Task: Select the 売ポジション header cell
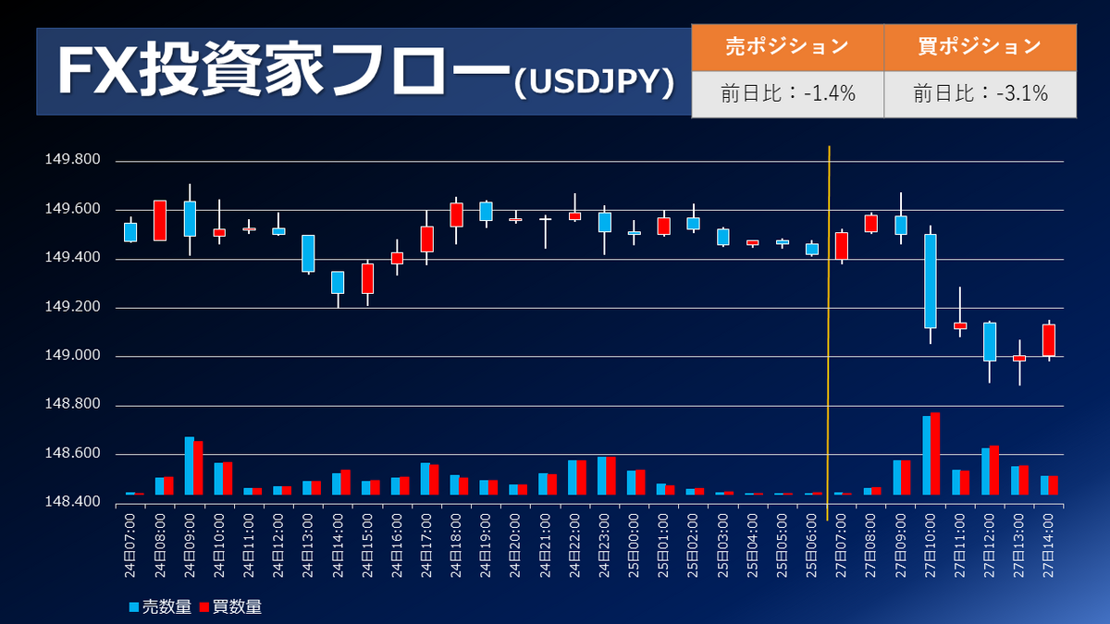(x=787, y=46)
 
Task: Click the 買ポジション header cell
(x=980, y=46)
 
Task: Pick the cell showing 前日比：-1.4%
(x=787, y=93)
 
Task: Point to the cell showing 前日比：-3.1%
(x=980, y=93)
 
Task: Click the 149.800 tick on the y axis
(x=73, y=161)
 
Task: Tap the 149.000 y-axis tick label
(x=73, y=357)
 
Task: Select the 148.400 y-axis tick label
(x=73, y=503)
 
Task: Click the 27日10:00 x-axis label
(x=931, y=548)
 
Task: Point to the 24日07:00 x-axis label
(x=130, y=548)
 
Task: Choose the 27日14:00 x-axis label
(x=1049, y=548)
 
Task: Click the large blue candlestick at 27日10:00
(x=930, y=281)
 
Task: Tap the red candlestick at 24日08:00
(x=160, y=220)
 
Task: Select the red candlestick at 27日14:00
(x=1048, y=340)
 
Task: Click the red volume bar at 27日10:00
(x=935, y=453)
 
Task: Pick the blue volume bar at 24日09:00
(x=189, y=465)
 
